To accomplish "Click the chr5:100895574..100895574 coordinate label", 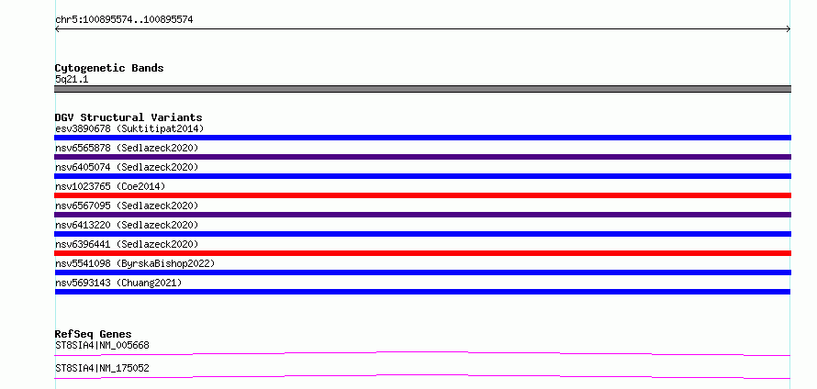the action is click(x=124, y=20).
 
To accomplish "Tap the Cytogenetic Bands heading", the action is click(x=109, y=68).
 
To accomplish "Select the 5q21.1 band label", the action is click(x=72, y=79).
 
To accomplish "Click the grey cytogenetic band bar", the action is click(x=422, y=89).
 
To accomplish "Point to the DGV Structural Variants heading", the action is click(x=129, y=117).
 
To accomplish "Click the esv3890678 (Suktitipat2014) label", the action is click(x=129, y=128).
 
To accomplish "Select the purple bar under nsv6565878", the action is click(x=422, y=157).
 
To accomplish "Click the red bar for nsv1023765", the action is click(x=422, y=195).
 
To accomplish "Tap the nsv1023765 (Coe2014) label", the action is click(x=110, y=186).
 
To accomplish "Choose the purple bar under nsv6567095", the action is click(x=422, y=215).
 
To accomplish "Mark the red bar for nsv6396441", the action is click(x=422, y=253).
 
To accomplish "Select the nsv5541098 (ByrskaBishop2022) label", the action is click(x=135, y=263).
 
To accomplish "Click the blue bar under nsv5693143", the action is click(x=422, y=292).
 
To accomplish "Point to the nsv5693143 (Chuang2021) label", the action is click(x=118, y=283).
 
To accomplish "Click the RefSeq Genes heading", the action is click(x=93, y=334).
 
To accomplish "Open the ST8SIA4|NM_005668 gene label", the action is click(x=102, y=345).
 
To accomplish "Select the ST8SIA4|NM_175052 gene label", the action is click(x=102, y=368).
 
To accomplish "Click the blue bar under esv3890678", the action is click(x=422, y=138).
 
